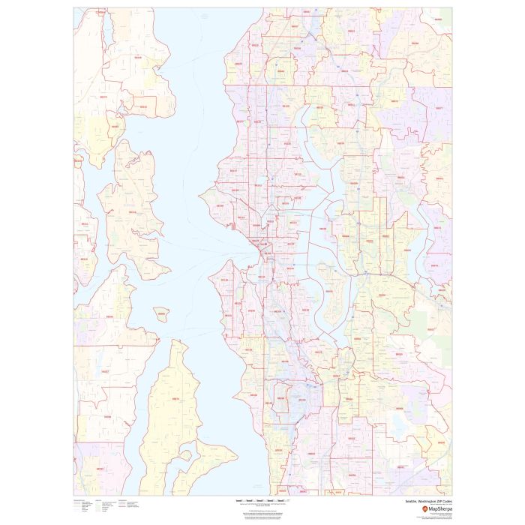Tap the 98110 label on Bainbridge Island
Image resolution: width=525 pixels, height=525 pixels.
(133, 212)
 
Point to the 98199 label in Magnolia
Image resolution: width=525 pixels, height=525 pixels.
(220, 204)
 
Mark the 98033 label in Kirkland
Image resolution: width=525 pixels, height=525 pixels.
(340, 143)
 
